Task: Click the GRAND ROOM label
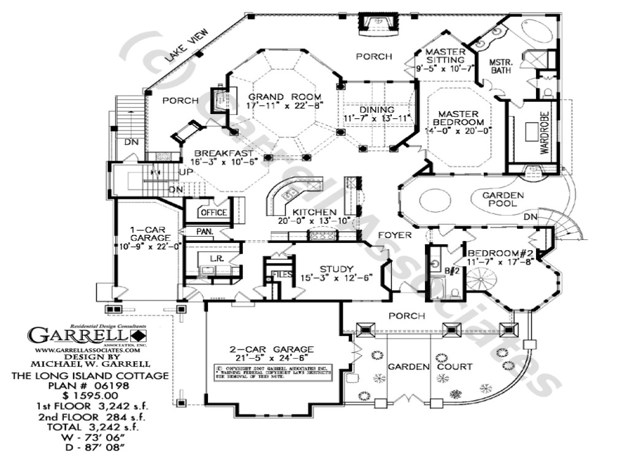[x=276, y=97]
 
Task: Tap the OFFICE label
[x=213, y=213]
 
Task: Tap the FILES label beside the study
[x=281, y=274]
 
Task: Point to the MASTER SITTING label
[x=445, y=56]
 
